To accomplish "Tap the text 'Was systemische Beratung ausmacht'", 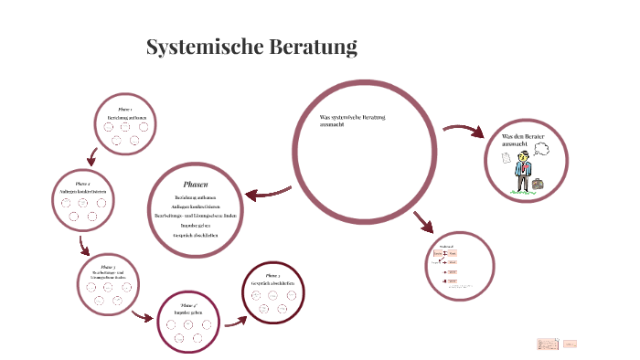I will coord(352,121).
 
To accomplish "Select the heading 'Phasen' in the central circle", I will coord(196,184).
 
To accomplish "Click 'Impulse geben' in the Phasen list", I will coord(196,223).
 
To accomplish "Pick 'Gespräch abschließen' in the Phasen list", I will coord(196,236).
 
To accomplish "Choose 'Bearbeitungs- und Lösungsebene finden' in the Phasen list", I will coord(196,215).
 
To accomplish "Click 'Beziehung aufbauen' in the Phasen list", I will coord(196,197).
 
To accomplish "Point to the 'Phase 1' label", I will coord(126,110).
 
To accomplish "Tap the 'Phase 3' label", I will coord(107,267).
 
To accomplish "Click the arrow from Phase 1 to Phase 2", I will coord(91,155).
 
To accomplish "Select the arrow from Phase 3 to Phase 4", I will coord(141,317).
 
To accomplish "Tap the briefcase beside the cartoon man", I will coord(538,184).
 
